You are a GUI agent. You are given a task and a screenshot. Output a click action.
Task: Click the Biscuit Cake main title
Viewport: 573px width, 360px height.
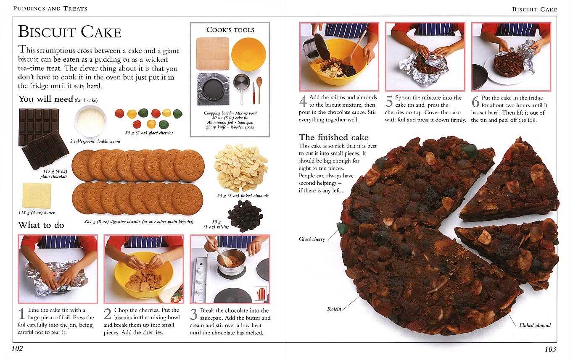pos(70,32)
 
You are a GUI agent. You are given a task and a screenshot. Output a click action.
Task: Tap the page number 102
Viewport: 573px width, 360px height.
pos(17,349)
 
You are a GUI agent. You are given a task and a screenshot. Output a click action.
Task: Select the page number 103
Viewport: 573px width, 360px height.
pos(550,349)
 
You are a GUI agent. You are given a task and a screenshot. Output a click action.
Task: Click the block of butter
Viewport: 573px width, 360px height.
pos(37,196)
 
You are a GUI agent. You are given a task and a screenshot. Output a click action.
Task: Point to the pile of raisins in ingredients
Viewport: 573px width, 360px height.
pos(245,215)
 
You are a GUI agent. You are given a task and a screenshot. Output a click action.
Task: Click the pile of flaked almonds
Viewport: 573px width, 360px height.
pos(240,167)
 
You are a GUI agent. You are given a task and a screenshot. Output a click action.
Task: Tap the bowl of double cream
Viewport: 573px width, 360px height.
pos(90,121)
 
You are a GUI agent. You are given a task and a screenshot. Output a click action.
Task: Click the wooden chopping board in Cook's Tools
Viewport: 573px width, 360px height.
pos(213,53)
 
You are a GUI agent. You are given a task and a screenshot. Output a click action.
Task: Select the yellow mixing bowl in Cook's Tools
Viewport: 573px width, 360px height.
pos(248,54)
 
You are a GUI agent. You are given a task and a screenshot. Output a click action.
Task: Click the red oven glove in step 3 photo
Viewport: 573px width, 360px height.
pos(261,293)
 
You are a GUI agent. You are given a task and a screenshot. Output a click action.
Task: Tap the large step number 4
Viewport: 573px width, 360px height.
pos(303,102)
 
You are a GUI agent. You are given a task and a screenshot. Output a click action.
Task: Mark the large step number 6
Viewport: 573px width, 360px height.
pos(475,102)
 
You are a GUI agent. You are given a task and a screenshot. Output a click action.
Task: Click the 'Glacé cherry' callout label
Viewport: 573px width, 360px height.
pos(312,239)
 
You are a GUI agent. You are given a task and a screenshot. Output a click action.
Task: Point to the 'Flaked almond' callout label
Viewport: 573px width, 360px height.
pos(535,325)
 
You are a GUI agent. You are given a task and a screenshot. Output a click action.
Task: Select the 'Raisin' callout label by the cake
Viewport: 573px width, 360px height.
pos(334,309)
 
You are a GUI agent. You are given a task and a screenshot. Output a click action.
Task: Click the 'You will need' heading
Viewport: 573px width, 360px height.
pos(45,99)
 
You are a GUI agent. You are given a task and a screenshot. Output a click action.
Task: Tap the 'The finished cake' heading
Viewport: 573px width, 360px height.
pos(333,137)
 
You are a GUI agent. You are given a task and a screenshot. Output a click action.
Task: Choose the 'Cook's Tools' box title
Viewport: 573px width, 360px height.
pos(230,30)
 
